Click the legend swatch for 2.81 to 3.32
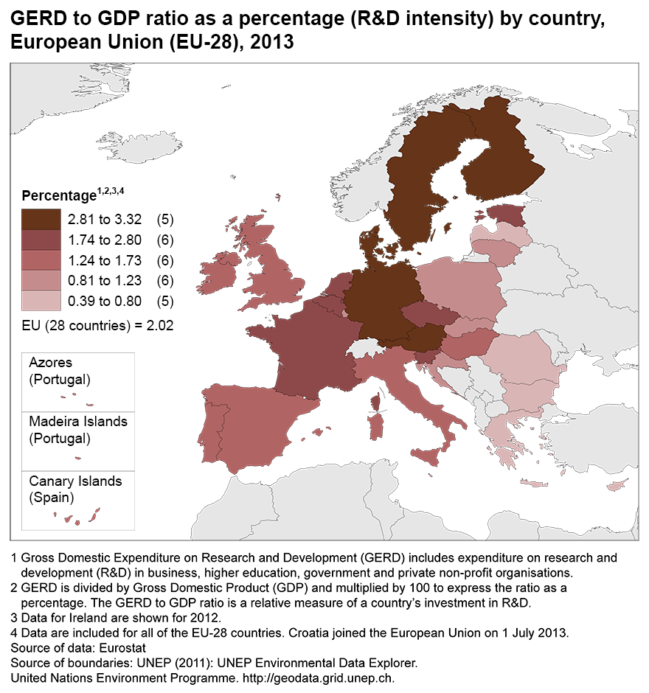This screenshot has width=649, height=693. (x=42, y=220)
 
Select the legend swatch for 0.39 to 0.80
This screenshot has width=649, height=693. (x=42, y=301)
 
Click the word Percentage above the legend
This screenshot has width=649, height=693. (x=59, y=196)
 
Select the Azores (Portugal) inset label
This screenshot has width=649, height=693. (x=59, y=371)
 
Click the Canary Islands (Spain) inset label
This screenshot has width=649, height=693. (x=75, y=489)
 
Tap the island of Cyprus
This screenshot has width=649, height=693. (x=616, y=486)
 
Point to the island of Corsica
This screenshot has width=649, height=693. (x=375, y=403)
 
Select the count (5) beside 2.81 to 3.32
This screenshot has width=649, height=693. (x=164, y=220)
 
